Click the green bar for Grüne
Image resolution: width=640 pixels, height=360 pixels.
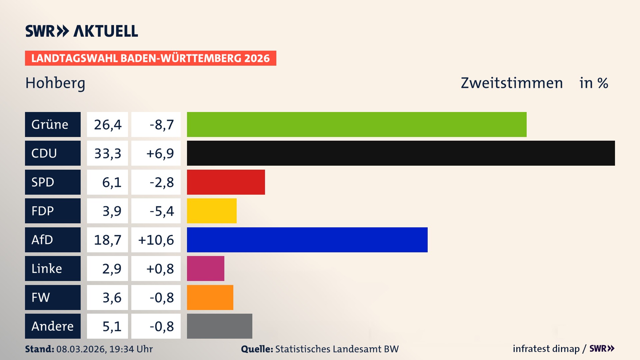point(357,124)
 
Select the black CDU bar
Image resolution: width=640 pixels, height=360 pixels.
point(401,153)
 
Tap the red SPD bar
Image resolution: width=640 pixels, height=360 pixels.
point(226,182)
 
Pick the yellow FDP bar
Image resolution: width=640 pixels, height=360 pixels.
point(212,211)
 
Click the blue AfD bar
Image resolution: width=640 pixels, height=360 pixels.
point(307,240)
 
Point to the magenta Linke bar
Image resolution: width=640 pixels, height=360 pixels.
point(205,269)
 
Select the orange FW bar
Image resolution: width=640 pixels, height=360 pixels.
point(210,297)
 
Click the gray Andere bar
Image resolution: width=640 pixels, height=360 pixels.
point(219,326)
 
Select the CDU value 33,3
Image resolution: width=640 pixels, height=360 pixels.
point(107,153)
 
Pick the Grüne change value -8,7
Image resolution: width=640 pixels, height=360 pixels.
point(161,125)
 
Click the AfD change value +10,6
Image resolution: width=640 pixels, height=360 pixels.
point(156,240)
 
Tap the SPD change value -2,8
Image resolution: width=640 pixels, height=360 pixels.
point(161,182)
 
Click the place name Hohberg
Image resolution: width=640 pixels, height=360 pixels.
point(55,83)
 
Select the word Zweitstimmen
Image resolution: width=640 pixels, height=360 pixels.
point(512,83)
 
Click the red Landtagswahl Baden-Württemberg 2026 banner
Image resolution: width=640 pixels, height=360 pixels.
point(150,58)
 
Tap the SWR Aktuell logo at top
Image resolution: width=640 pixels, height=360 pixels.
point(81,31)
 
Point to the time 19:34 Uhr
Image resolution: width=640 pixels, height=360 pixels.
point(131,349)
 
